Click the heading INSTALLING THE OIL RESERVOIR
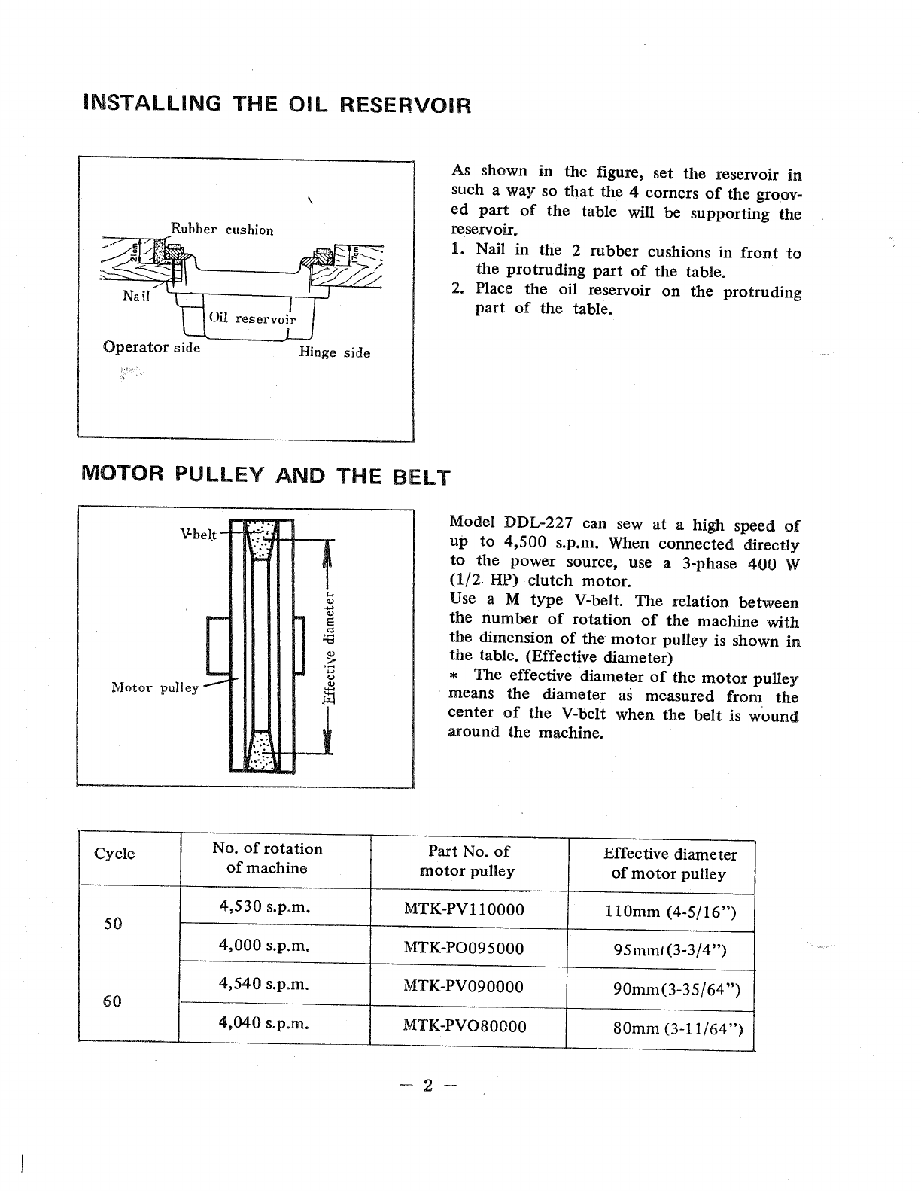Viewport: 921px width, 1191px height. click(277, 104)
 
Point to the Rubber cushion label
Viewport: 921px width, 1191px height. click(222, 230)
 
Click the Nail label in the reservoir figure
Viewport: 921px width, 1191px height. click(136, 296)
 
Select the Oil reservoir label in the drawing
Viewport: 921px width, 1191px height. click(252, 318)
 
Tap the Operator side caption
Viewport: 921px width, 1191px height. click(151, 347)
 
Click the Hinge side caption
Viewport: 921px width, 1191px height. click(334, 352)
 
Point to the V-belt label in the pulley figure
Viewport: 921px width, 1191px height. click(198, 535)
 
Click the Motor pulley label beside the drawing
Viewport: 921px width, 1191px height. click(154, 687)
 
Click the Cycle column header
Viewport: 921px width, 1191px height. click(114, 854)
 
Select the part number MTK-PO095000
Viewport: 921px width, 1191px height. click(464, 948)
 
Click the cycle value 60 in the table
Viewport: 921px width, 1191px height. click(112, 1001)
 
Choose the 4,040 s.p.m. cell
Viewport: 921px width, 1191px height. click(263, 1022)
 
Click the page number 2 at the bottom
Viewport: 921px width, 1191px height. click(427, 1085)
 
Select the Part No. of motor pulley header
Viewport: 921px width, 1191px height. click(467, 861)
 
